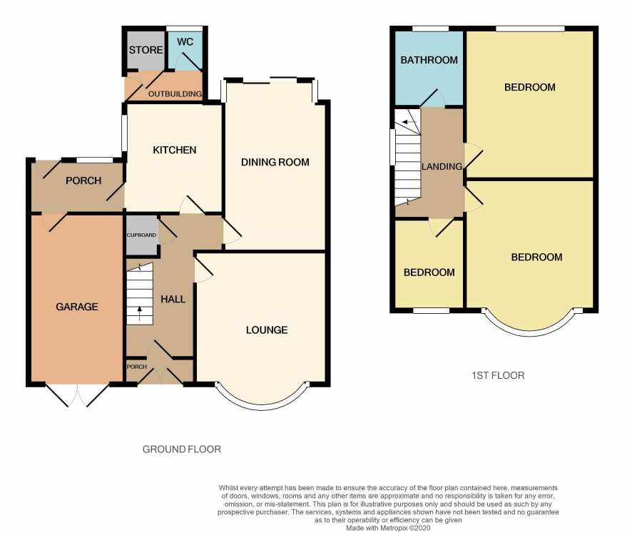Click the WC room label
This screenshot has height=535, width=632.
point(185,42)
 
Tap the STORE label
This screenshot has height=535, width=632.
point(146,50)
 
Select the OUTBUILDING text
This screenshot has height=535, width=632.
point(175,94)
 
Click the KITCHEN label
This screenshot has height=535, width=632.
point(175,150)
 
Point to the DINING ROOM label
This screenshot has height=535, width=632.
point(275,162)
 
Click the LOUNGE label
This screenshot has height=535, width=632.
point(267,330)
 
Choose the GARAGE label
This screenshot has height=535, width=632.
point(77,307)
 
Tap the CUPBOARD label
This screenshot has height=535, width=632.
point(141,235)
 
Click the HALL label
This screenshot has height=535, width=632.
point(173,299)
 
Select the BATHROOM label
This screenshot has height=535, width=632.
point(429,60)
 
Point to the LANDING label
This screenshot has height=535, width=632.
point(442,166)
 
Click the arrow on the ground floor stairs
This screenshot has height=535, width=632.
point(140,313)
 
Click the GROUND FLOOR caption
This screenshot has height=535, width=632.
point(182,449)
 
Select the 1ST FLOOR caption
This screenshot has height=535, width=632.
point(498,375)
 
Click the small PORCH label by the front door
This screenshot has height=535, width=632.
point(137,367)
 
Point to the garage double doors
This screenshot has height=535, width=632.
point(77,395)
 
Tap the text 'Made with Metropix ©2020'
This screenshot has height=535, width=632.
point(388,528)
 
